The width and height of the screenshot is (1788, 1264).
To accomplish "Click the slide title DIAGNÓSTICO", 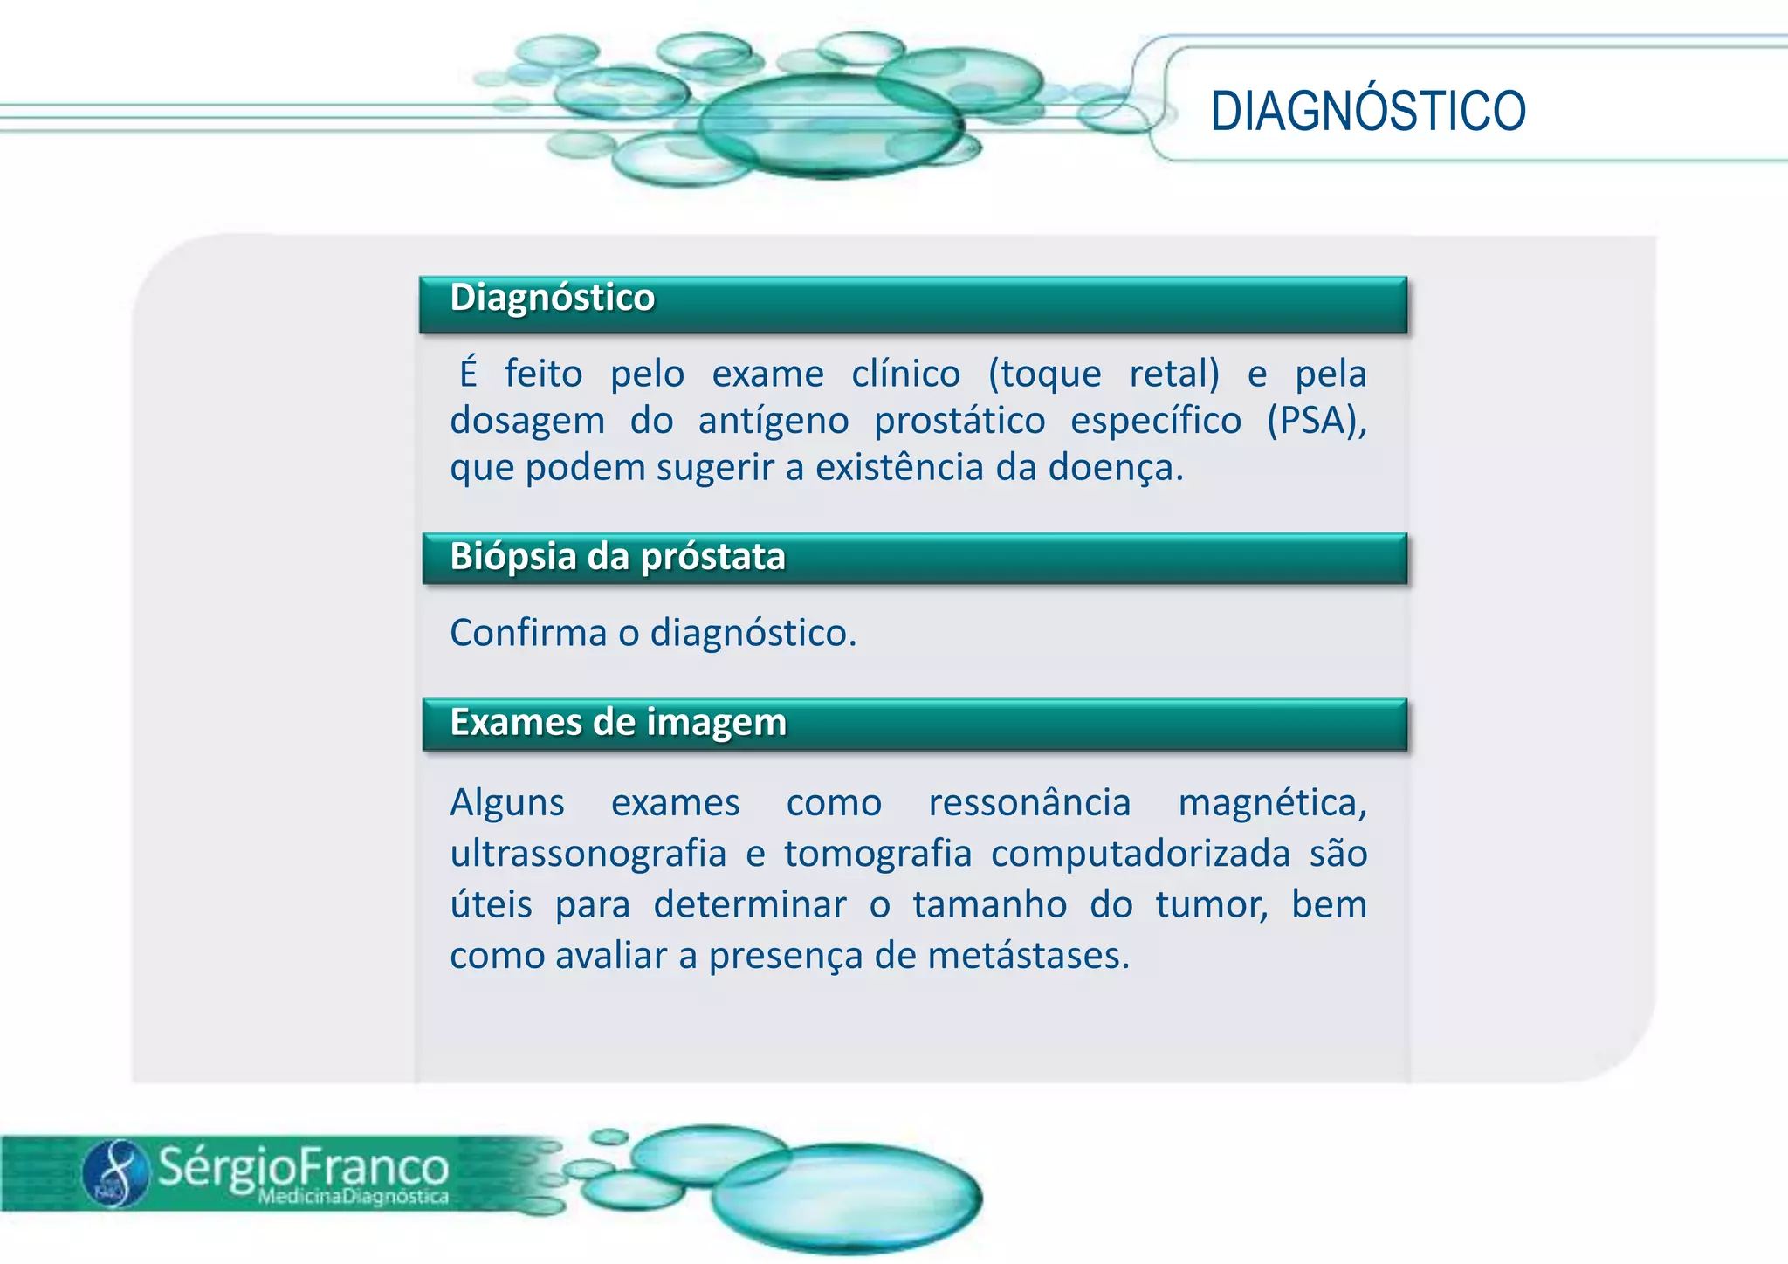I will tap(1367, 112).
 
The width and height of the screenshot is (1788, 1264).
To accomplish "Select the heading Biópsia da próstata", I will tap(617, 557).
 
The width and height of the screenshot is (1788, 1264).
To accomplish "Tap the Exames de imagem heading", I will tap(618, 723).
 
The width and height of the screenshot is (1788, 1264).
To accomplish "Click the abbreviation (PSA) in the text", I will tap(1316, 421).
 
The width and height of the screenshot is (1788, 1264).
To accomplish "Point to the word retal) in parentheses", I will tap(1173, 374).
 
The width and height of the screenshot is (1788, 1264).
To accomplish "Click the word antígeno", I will tap(773, 422).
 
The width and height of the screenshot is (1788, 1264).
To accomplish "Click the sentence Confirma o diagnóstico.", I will tap(653, 633).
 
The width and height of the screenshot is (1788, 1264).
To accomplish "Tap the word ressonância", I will tap(1029, 803).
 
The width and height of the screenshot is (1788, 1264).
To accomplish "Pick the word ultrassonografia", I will tap(588, 854).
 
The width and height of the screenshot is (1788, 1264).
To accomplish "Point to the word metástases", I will tap(1028, 956).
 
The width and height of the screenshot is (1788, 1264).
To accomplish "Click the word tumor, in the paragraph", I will tap(1211, 905).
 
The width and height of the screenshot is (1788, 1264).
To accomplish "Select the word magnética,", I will tap(1272, 803).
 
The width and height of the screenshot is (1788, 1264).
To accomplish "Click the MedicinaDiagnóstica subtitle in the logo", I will tap(353, 1197).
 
